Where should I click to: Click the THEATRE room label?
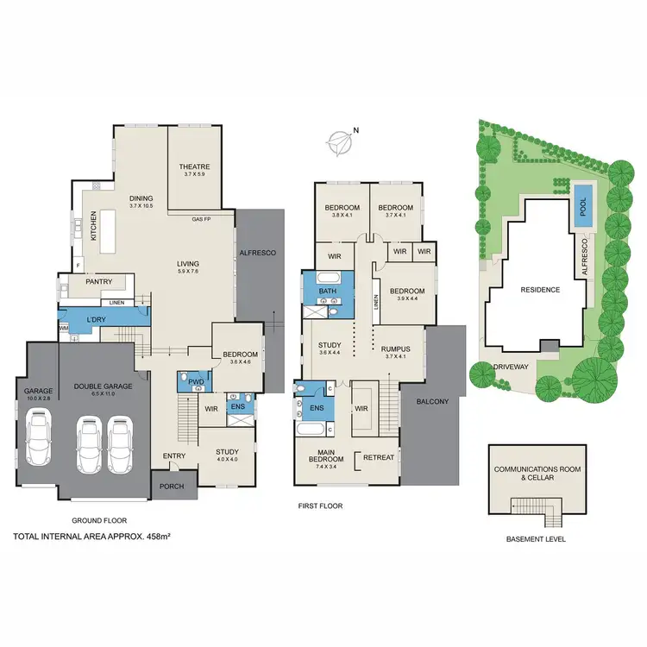point(194,167)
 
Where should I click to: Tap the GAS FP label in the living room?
point(203,219)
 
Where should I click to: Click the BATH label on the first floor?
point(327,292)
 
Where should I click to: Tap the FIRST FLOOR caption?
point(319,506)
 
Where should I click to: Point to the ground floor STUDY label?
point(227,452)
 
